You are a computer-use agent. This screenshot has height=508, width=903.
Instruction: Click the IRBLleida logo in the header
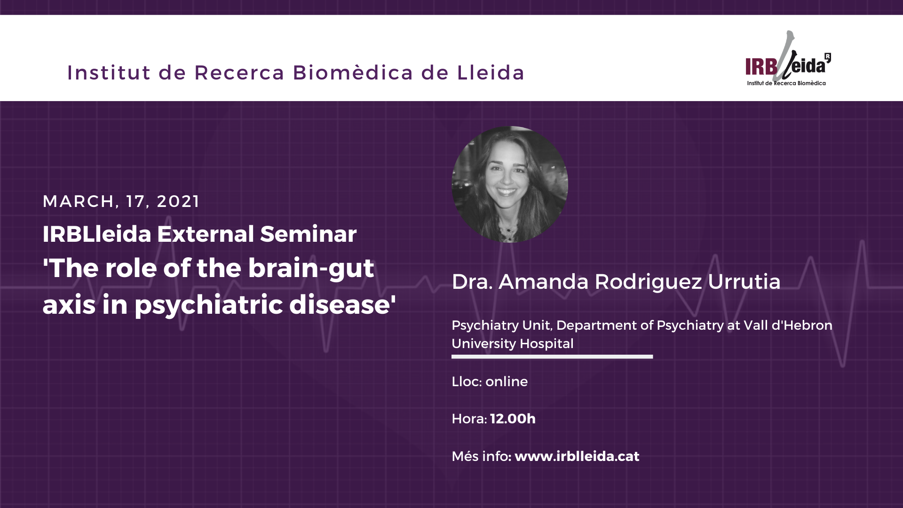click(x=788, y=58)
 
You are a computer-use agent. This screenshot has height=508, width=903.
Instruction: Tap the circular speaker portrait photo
click(x=510, y=184)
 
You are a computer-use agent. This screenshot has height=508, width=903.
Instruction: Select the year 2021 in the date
click(x=178, y=201)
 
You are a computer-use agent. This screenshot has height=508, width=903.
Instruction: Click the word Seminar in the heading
click(x=308, y=234)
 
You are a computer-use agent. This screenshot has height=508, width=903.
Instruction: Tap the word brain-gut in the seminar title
click(x=311, y=270)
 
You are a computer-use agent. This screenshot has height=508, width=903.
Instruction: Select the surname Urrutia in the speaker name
click(x=744, y=281)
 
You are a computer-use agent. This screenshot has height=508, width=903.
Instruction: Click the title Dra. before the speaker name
click(x=472, y=281)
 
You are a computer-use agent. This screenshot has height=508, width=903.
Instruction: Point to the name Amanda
click(x=544, y=281)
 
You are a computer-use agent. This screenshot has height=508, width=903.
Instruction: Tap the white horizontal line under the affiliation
click(x=552, y=357)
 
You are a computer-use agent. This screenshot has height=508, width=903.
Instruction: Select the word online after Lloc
click(x=507, y=381)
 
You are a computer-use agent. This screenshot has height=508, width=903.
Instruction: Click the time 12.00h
click(x=513, y=419)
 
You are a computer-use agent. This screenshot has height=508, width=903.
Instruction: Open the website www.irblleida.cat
click(x=577, y=456)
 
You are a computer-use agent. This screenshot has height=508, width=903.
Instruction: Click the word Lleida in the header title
click(x=491, y=72)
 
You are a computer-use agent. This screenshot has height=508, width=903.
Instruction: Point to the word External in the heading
click(x=206, y=234)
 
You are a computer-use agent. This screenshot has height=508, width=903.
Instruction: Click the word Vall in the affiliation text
click(x=755, y=325)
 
